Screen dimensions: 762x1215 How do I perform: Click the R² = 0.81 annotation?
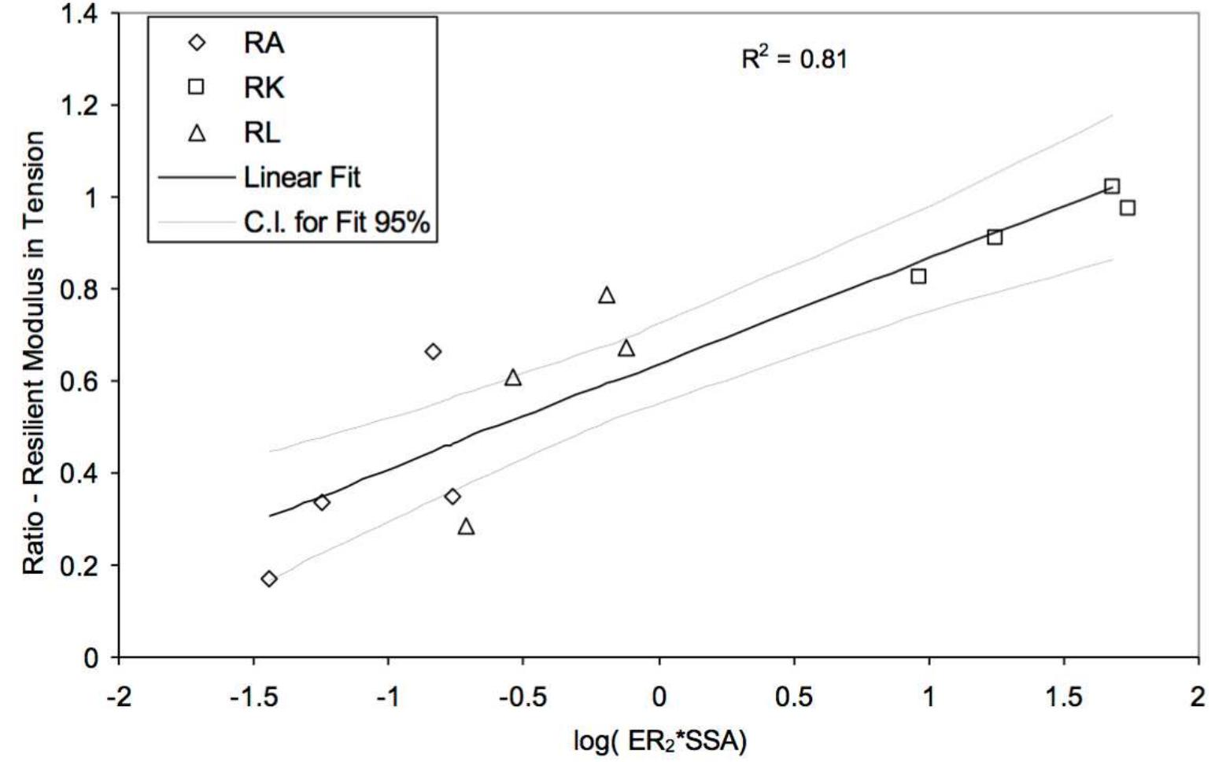coord(794,58)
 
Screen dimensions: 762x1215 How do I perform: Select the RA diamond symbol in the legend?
coord(197,42)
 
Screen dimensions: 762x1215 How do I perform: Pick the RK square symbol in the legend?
coord(196,87)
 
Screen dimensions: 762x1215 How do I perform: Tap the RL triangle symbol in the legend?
coord(197,132)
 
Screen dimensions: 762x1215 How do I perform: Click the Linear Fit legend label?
coord(301,178)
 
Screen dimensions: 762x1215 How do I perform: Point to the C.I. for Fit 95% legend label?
coord(337,223)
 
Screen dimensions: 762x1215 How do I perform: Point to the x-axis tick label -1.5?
coord(253,697)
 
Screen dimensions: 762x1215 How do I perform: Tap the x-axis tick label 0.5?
coord(793,697)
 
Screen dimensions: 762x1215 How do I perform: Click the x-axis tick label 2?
coord(1198,697)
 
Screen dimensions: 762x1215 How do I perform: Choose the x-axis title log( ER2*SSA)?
coord(659,741)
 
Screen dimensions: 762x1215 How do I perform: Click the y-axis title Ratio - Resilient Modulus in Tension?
coord(33,353)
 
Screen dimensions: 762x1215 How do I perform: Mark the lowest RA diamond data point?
coord(269,579)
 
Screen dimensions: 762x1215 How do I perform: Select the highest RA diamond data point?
coord(433,351)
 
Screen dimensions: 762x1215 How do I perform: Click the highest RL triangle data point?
coord(606,296)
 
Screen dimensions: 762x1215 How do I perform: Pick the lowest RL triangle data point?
coord(466,527)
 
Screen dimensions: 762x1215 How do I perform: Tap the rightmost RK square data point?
coord(1127,208)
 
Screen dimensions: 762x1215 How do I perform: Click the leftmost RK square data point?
coord(918,276)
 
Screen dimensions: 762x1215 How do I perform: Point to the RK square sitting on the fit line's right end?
coord(1112,187)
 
